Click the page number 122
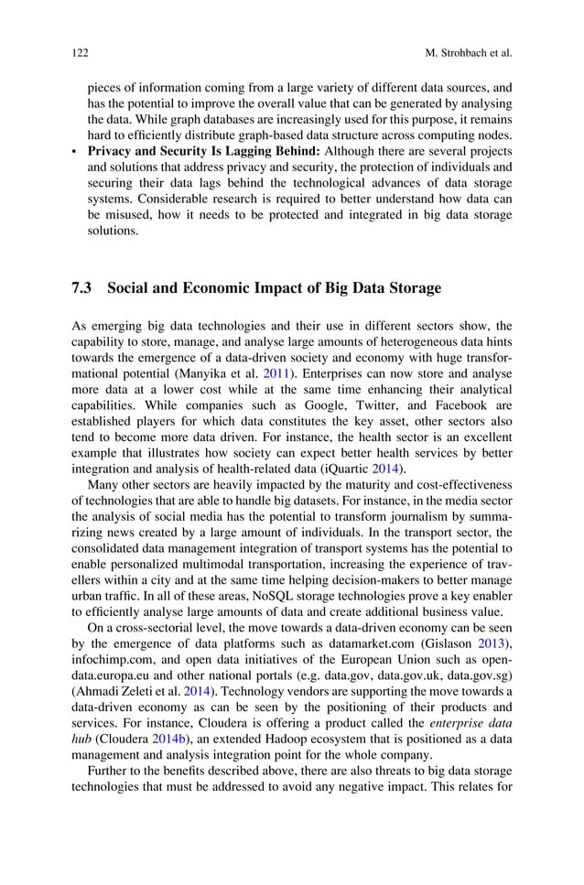[x=79, y=53]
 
